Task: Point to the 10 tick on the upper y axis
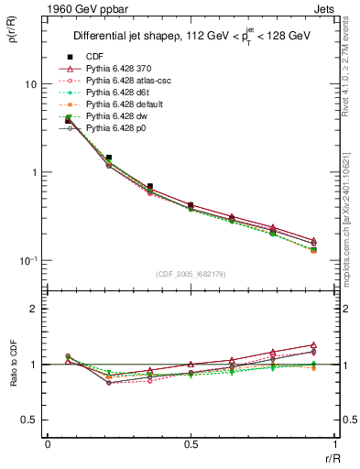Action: tap(30, 84)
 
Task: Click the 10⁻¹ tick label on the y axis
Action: tap(28, 261)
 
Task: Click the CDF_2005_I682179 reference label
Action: tap(191, 274)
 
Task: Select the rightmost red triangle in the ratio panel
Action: tap(313, 344)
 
